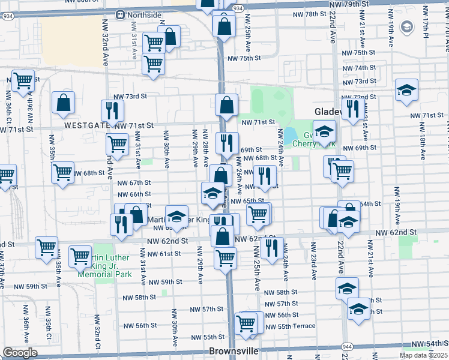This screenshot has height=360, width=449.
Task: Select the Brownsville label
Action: (x=234, y=350)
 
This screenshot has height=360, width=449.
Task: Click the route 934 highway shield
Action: (x=238, y=8)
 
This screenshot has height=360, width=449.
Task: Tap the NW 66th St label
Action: (x=134, y=194)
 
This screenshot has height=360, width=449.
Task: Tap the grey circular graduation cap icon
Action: (x=408, y=27)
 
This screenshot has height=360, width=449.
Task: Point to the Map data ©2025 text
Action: (x=423, y=355)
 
